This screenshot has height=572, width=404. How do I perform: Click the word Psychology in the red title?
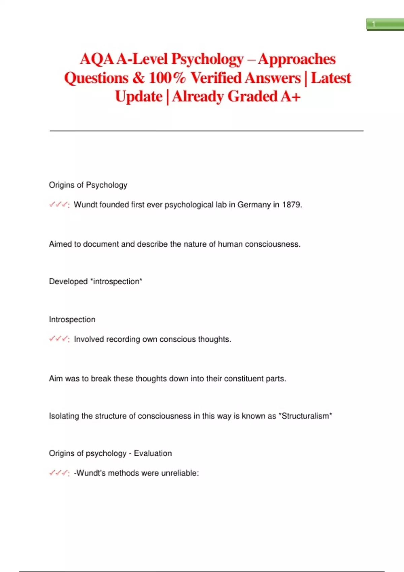tap(207, 59)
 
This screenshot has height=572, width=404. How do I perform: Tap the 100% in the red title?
tap(167, 78)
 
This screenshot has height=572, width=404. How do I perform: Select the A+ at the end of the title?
tap(291, 97)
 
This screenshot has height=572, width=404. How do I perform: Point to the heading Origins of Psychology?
tap(88, 185)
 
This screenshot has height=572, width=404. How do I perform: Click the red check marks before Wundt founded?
tap(59, 205)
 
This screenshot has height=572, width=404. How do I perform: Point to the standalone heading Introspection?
tap(72, 319)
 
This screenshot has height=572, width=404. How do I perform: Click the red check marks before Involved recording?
tap(59, 339)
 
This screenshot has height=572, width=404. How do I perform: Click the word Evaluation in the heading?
tap(153, 453)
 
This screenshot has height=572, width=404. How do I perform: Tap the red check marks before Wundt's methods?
tap(59, 473)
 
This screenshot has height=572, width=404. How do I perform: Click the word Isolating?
tap(64, 416)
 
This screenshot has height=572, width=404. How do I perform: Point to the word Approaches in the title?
tap(297, 59)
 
